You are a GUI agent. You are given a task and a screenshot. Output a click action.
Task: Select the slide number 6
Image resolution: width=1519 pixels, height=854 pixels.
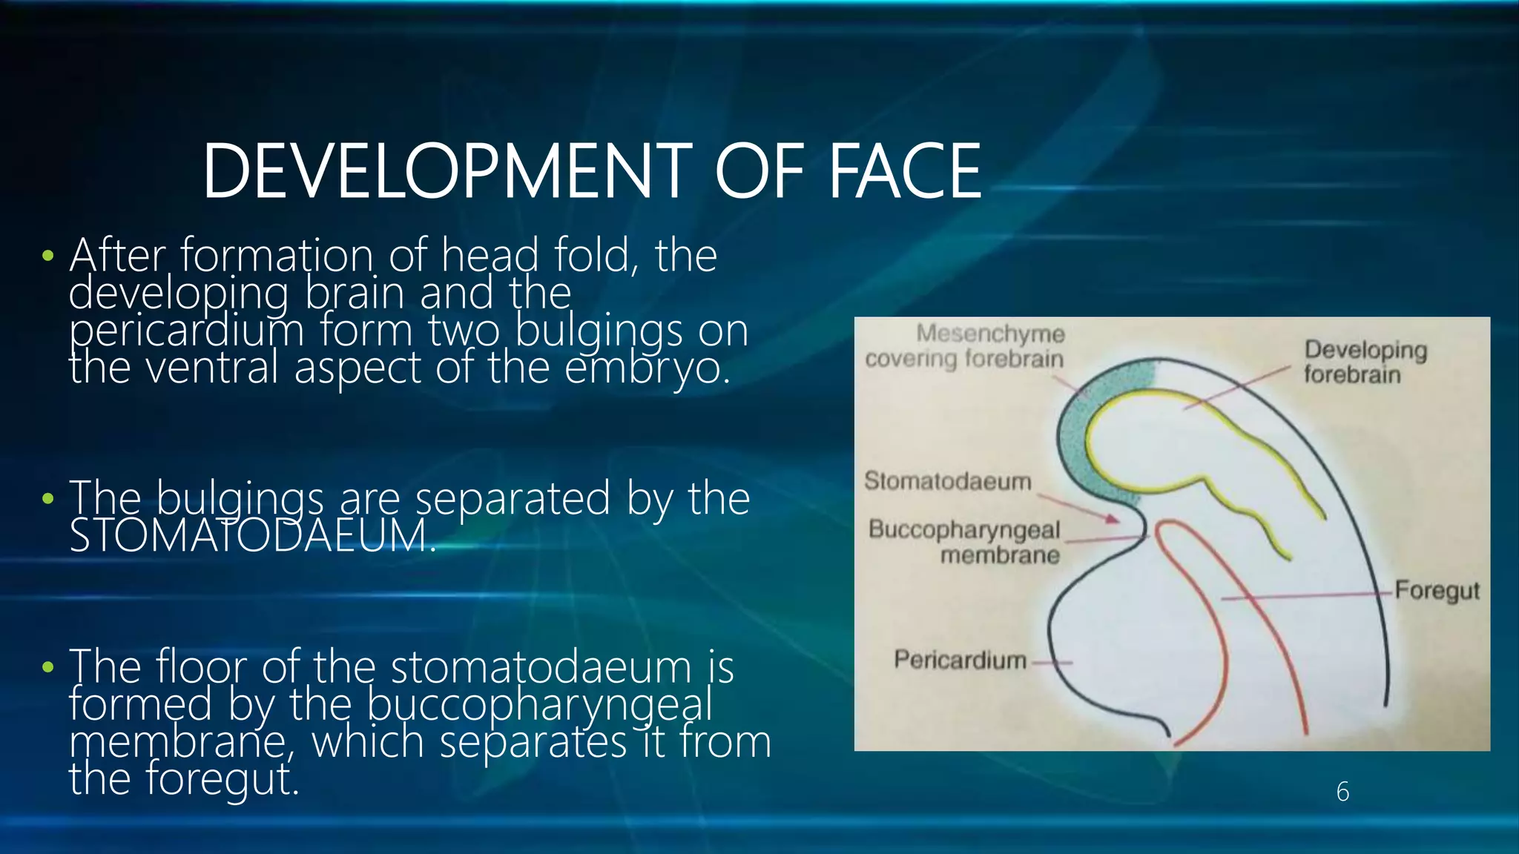(1342, 792)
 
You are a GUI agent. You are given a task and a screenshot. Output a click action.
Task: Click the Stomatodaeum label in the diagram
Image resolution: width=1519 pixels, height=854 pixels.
(948, 481)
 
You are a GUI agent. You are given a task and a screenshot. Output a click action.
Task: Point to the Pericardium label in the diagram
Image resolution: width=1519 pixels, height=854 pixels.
(960, 659)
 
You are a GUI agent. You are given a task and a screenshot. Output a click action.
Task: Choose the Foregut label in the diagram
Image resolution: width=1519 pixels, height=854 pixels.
(1437, 591)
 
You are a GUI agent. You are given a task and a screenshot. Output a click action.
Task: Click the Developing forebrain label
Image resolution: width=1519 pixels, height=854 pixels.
(1365, 362)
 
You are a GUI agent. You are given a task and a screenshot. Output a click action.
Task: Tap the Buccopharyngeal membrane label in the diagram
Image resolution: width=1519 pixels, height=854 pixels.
(964, 542)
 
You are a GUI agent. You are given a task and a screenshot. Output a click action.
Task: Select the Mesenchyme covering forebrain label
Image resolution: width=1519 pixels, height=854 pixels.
(965, 346)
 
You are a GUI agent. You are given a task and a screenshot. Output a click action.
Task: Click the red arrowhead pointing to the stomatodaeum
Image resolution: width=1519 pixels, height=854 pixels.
(1111, 519)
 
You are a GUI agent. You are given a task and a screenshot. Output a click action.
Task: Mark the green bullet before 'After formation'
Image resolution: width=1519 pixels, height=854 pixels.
(48, 256)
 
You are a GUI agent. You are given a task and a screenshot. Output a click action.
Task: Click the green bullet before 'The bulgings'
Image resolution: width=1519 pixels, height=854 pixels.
(48, 498)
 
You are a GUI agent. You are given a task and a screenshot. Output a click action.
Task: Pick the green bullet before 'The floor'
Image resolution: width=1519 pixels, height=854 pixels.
(48, 667)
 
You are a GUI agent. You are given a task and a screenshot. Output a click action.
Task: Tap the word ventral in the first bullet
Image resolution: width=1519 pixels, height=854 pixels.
(212, 368)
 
